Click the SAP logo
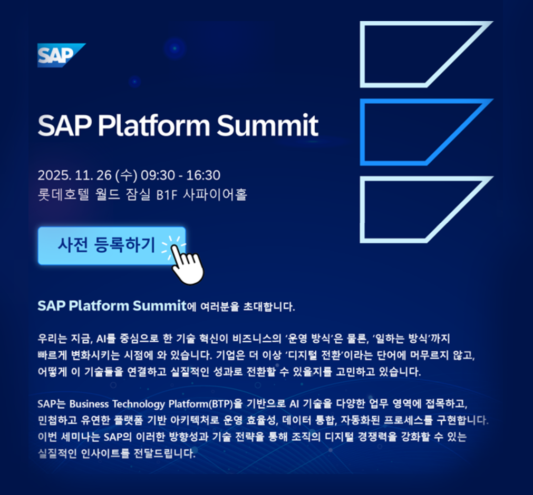[x=61, y=55]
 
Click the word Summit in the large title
[x=267, y=125]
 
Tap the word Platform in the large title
[x=154, y=125]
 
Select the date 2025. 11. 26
[x=74, y=175]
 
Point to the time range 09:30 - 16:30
[x=180, y=175]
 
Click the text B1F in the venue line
[x=167, y=195]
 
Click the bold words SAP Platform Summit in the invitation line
[x=112, y=306]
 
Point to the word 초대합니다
[x=269, y=306]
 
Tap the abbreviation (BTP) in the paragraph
[x=221, y=404]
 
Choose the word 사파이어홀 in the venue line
[x=215, y=194]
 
